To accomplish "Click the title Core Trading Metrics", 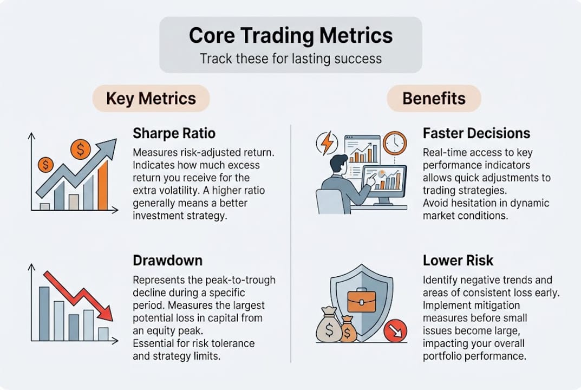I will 290,36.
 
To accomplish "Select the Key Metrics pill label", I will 151,98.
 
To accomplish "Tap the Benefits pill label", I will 433,98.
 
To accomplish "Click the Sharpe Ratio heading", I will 174,133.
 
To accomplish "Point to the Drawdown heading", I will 167,261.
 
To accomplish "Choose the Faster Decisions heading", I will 476,133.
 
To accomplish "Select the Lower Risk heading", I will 458,261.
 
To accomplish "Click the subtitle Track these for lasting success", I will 290,58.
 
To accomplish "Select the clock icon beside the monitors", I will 394,143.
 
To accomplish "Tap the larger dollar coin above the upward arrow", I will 81,148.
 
